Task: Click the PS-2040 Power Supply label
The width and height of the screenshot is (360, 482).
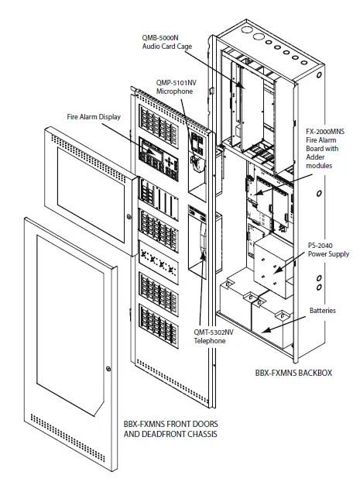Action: (x=327, y=249)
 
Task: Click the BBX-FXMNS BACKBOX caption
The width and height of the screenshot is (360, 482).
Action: (x=293, y=372)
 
